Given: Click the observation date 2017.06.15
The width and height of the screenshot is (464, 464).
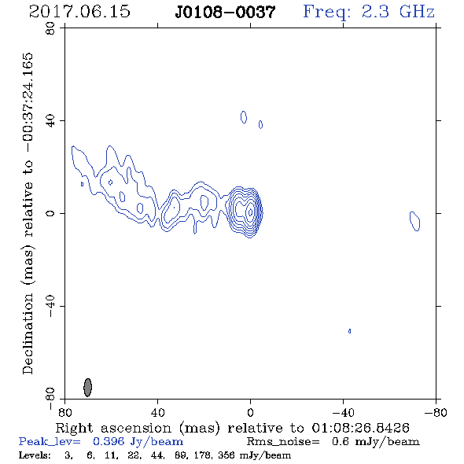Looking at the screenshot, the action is click(79, 12).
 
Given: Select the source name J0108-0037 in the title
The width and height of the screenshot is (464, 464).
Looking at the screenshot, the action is click(225, 13).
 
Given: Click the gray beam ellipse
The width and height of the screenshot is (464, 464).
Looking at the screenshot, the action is click(87, 387).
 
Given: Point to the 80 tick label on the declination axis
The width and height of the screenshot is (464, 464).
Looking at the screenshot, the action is click(50, 28).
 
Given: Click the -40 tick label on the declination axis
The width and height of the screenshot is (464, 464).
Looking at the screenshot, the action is click(50, 306).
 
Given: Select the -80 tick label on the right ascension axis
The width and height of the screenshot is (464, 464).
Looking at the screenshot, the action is click(435, 412).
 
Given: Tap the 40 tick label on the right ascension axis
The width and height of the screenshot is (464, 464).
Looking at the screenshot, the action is click(157, 412).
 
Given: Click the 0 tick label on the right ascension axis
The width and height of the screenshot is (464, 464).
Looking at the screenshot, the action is click(250, 412).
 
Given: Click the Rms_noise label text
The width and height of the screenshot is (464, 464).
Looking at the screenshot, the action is click(283, 442).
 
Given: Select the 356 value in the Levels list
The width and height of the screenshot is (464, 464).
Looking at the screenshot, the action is click(227, 455).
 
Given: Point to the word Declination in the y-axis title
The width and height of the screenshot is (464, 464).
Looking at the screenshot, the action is click(28, 333).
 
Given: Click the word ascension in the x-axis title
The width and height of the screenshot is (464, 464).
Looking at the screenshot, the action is click(136, 428).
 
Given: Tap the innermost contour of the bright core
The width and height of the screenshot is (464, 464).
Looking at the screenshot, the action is click(251, 212).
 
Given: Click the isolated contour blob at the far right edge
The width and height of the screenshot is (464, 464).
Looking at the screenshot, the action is click(415, 221).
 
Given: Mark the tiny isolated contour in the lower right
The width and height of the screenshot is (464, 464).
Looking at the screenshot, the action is click(350, 331).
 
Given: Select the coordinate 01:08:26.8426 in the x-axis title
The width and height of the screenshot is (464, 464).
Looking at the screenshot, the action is click(360, 428).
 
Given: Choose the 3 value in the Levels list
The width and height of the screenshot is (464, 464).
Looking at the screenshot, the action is click(68, 455).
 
